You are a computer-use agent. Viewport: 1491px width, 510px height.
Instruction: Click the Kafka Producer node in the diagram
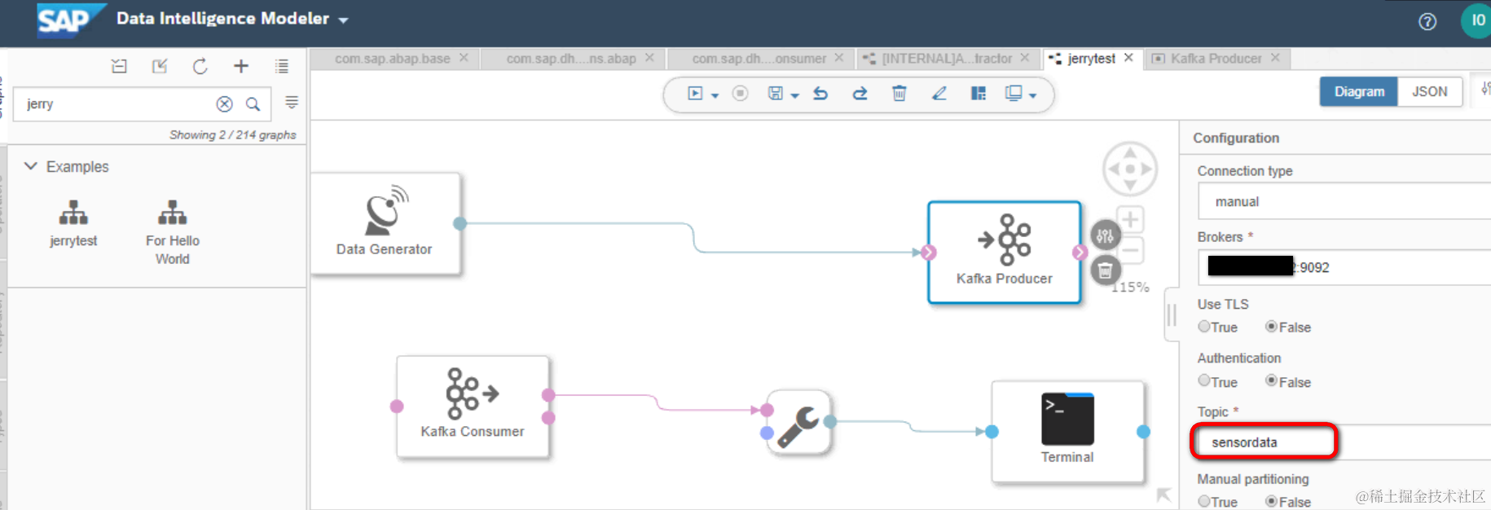pos(1004,252)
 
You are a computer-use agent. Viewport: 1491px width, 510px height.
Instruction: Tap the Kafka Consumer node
pos(472,407)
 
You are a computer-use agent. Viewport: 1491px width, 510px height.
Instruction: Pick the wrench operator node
pos(798,423)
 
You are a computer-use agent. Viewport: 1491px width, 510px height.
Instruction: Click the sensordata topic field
pos(1263,442)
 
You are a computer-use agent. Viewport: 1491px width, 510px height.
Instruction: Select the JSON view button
pos(1429,91)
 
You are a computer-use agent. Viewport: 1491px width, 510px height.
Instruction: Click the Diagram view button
pos(1358,91)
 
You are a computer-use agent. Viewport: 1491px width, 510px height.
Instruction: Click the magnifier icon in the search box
pos(253,104)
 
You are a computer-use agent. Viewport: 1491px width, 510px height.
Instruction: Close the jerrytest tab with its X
pos(1128,58)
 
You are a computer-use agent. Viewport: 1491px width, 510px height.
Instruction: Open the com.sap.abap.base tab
pos(392,59)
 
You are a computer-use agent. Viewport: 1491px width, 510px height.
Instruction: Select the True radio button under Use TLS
pos(1203,327)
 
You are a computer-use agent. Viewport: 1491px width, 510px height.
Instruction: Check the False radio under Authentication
pos(1271,381)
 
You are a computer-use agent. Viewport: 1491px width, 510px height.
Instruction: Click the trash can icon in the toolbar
pos(899,94)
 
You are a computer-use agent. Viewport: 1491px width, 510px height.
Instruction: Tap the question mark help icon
pos(1427,22)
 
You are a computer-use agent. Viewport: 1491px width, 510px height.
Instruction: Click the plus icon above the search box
pos(241,67)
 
